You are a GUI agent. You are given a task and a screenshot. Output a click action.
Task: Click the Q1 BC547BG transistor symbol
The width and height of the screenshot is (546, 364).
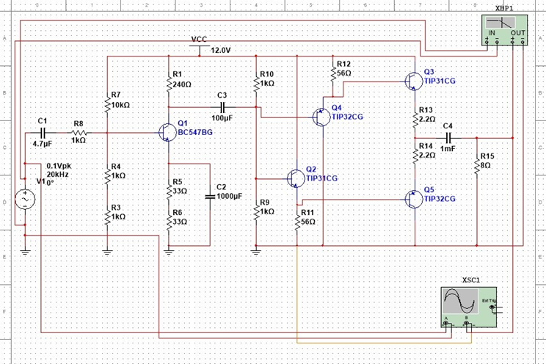[x=165, y=132]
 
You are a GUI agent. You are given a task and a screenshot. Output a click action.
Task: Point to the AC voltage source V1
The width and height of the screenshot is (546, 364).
[x=25, y=199]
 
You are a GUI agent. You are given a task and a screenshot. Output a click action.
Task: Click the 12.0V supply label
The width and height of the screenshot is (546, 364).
[x=221, y=51]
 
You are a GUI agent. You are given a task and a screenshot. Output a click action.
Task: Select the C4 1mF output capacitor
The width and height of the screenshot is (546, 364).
[x=448, y=137]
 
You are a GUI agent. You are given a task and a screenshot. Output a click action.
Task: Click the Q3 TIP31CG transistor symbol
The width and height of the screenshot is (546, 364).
[x=412, y=81]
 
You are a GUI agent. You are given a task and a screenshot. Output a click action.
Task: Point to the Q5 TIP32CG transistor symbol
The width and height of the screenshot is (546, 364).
[x=412, y=198]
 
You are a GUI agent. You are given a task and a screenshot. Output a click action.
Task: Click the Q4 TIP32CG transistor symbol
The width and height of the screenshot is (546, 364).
[x=320, y=117]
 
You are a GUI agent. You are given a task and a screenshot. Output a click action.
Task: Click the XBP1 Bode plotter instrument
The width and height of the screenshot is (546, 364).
[x=503, y=31]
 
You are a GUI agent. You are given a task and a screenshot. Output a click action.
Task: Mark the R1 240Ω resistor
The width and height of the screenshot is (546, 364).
[x=169, y=80]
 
